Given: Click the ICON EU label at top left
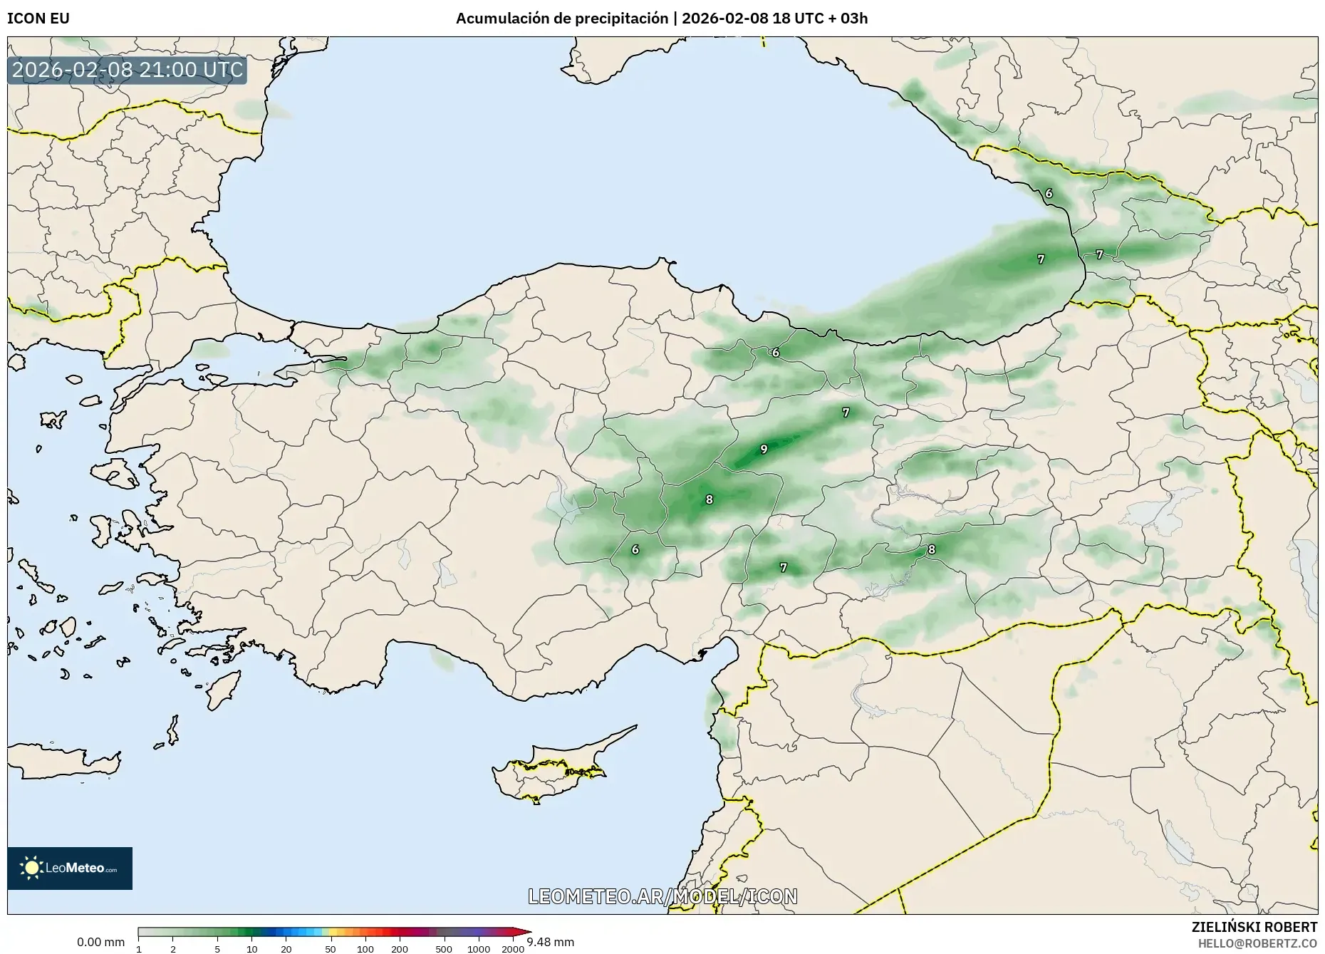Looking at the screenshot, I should point(38,19).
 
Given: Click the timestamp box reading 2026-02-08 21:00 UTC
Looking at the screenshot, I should point(128,71).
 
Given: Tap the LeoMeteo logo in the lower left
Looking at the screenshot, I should point(70,868).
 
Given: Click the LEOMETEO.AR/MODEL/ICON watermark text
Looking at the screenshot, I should point(662,896).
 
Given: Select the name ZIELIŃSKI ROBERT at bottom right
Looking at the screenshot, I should point(1254,927).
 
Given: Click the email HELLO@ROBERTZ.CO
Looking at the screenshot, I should point(1257,943).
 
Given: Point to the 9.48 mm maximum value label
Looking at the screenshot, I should point(550,942).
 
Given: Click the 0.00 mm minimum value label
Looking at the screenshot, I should point(100,942).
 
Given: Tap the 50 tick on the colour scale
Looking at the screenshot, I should point(330,948).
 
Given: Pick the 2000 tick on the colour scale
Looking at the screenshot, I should point(513,948).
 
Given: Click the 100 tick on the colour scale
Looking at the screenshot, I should point(365,948).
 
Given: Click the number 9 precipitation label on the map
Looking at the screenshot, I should point(764,449).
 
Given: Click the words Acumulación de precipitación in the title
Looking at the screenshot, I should point(562,19).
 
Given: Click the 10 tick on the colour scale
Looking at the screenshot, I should point(251,948).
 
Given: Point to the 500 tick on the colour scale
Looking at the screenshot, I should point(444,948).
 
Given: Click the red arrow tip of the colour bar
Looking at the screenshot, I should point(526,932).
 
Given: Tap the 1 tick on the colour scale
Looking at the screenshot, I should point(139,948).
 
